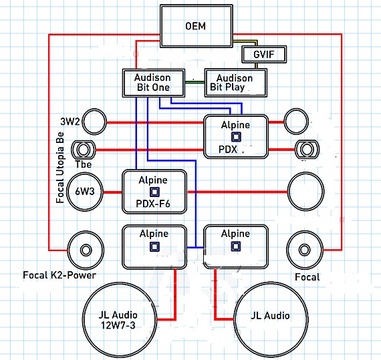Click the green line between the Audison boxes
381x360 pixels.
195,82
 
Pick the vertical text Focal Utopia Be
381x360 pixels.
59,168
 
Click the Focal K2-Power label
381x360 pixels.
59,275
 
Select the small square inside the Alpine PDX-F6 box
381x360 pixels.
154,192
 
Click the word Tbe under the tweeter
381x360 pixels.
84,164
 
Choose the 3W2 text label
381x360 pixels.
70,121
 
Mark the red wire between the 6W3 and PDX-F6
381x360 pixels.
112,192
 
